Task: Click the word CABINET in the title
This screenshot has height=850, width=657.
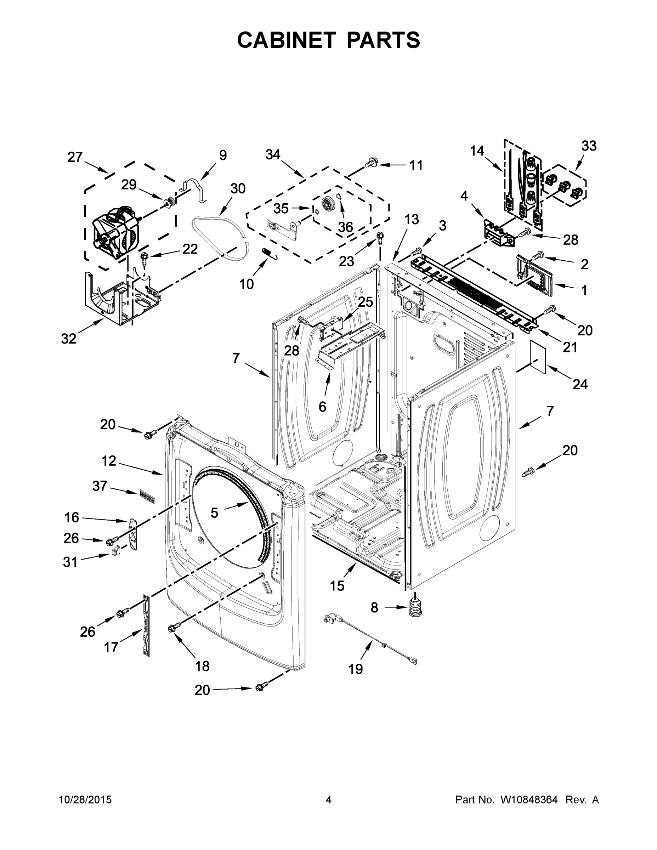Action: [286, 40]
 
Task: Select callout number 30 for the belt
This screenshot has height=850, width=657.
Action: [237, 189]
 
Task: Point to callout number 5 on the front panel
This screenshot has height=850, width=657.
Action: [214, 513]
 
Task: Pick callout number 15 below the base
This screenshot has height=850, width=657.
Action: [337, 585]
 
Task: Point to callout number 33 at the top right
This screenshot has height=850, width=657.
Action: [589, 146]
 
